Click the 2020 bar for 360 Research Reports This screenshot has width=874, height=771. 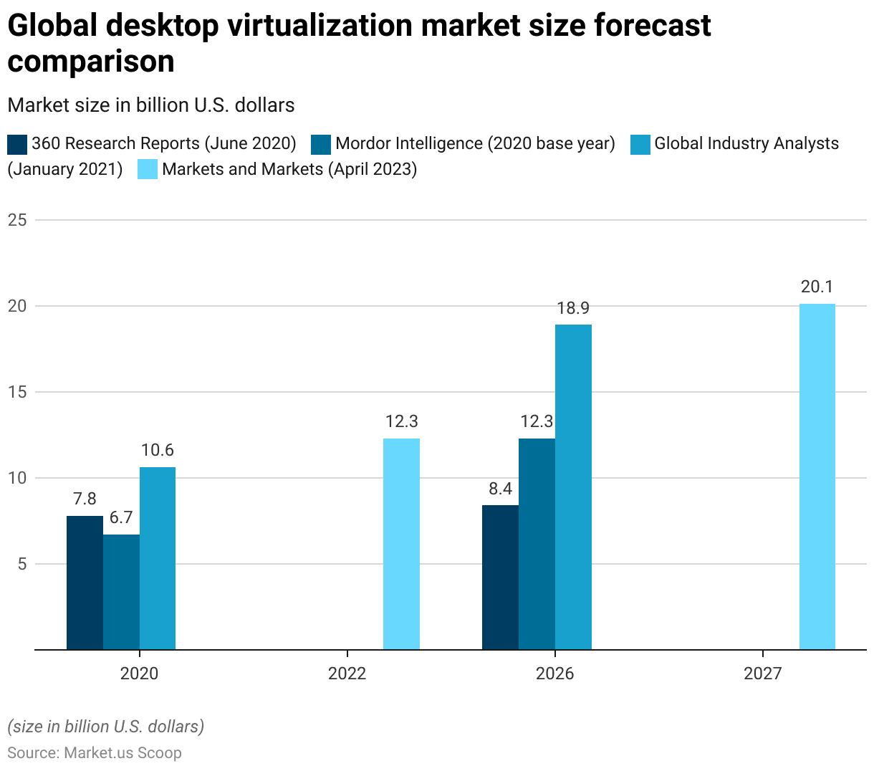85,583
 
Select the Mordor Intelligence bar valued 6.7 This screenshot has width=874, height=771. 121,592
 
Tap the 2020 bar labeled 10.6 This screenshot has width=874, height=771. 158,558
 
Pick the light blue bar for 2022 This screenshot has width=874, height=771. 401,544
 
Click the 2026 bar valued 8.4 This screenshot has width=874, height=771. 500,578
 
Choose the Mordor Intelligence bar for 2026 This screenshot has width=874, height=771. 537,544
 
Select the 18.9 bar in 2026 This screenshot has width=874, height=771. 573,487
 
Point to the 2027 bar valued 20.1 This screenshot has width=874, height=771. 817,477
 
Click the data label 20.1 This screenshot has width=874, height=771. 817,287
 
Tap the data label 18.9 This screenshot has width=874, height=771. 573,308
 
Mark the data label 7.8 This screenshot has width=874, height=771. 85,499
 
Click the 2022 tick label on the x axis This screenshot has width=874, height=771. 347,674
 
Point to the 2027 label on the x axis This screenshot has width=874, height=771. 763,674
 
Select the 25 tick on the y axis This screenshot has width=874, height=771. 17,220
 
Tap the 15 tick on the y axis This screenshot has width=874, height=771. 17,392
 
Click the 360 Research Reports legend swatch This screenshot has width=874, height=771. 17,144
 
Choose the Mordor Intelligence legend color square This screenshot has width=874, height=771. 321,144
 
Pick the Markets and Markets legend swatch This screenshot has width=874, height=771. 148,170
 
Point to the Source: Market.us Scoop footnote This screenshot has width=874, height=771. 95,753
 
